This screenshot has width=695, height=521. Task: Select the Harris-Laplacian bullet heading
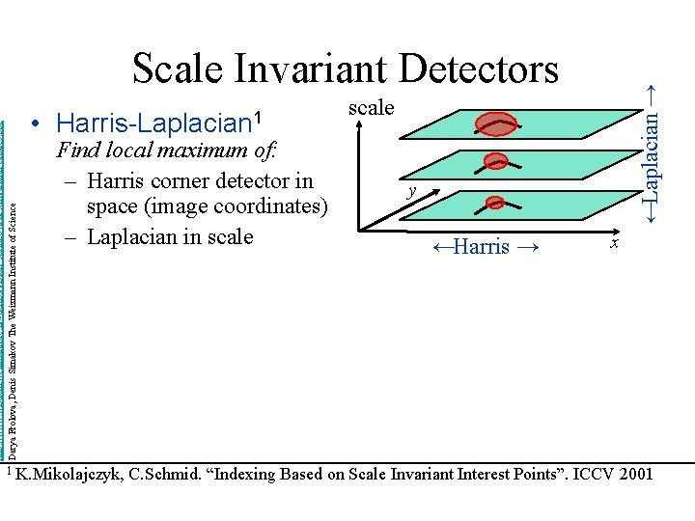[160, 123]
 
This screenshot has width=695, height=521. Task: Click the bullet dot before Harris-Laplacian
[35, 123]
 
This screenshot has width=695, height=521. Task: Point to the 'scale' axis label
[372, 107]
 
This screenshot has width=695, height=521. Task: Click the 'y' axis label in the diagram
[411, 191]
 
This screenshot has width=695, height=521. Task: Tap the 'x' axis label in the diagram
[613, 246]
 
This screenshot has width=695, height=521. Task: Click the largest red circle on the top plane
[498, 123]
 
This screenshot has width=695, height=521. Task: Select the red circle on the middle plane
[496, 162]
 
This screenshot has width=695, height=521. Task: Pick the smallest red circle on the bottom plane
[495, 203]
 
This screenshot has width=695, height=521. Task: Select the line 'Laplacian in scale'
[170, 236]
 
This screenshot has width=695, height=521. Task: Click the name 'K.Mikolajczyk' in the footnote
[69, 474]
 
